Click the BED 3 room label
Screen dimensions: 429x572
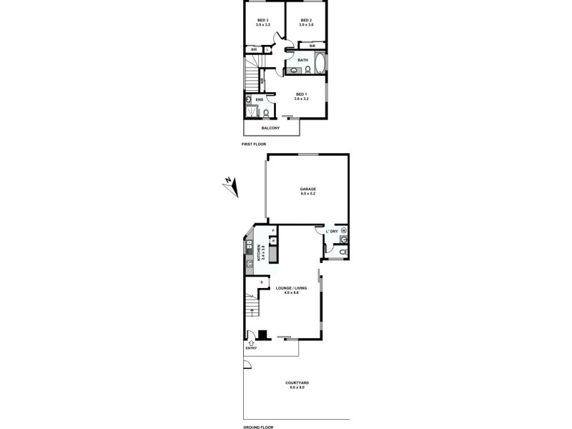(x=262, y=20)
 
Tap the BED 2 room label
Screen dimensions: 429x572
(x=306, y=20)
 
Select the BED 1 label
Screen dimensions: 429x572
(x=301, y=95)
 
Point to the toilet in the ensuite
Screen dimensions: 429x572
(x=265, y=112)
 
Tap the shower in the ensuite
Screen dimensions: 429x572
(x=251, y=111)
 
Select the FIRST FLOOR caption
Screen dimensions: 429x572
(x=254, y=144)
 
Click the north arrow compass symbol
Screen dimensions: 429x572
(x=230, y=185)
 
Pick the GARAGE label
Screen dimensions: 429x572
(x=308, y=189)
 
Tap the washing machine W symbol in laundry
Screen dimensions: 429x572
(x=344, y=231)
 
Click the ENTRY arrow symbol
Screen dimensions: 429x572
(x=251, y=343)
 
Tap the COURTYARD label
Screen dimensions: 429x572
(x=297, y=383)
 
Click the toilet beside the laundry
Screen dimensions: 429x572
(x=343, y=252)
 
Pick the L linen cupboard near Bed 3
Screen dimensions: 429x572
(x=267, y=49)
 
